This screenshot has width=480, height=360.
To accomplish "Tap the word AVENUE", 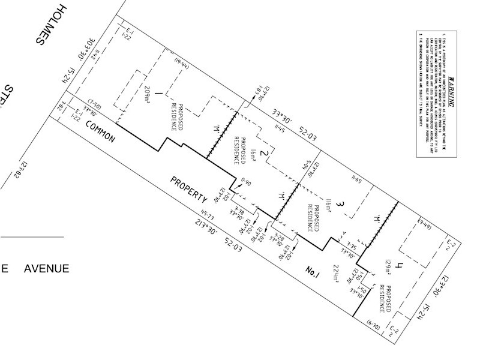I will (46, 268).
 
